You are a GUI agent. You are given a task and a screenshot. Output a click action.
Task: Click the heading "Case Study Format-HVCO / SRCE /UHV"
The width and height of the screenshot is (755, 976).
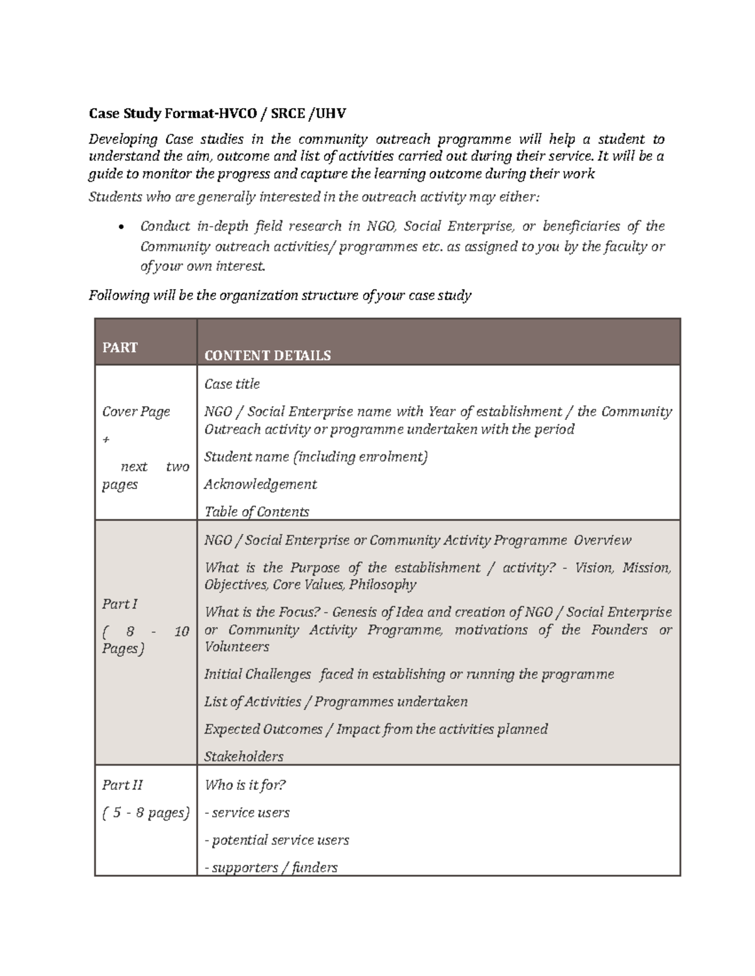(x=217, y=114)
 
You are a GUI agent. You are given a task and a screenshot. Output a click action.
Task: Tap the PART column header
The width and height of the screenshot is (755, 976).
(x=120, y=348)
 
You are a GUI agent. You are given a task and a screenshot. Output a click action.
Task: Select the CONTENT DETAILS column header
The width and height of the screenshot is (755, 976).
(x=267, y=356)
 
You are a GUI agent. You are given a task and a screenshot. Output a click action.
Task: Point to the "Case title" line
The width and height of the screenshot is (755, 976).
(x=232, y=384)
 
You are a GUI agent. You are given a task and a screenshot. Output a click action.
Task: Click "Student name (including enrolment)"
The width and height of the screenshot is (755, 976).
(x=316, y=457)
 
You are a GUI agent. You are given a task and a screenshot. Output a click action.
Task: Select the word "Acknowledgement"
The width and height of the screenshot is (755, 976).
(x=260, y=485)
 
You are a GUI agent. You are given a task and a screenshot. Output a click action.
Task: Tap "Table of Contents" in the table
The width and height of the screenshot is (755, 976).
(x=257, y=512)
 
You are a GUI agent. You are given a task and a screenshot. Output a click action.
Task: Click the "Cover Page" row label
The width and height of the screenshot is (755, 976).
(x=136, y=412)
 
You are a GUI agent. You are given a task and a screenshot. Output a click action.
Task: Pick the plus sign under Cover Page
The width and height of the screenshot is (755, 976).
(x=106, y=440)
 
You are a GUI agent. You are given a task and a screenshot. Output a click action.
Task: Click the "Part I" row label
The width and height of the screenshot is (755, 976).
(x=120, y=604)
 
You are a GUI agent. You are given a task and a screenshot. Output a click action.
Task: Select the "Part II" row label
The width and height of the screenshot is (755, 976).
(x=122, y=785)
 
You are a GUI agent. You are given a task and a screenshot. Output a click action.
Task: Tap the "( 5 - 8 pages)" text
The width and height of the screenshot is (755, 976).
(x=145, y=813)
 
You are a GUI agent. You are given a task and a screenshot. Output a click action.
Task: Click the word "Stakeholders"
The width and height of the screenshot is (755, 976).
(x=243, y=757)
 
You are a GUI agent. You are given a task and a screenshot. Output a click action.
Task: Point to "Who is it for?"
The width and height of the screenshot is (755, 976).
(x=245, y=785)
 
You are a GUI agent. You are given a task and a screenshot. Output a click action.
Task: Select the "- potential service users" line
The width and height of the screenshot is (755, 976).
(x=277, y=840)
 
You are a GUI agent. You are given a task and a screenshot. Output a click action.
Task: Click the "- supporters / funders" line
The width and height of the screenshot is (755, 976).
(x=271, y=868)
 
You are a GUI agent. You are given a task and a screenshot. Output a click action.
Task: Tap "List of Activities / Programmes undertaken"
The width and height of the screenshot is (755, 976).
(x=336, y=702)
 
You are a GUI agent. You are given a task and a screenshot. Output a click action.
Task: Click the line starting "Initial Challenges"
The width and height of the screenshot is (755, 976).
(x=409, y=674)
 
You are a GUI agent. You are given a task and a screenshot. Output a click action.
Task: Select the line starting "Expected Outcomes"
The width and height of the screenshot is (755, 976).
(x=376, y=729)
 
